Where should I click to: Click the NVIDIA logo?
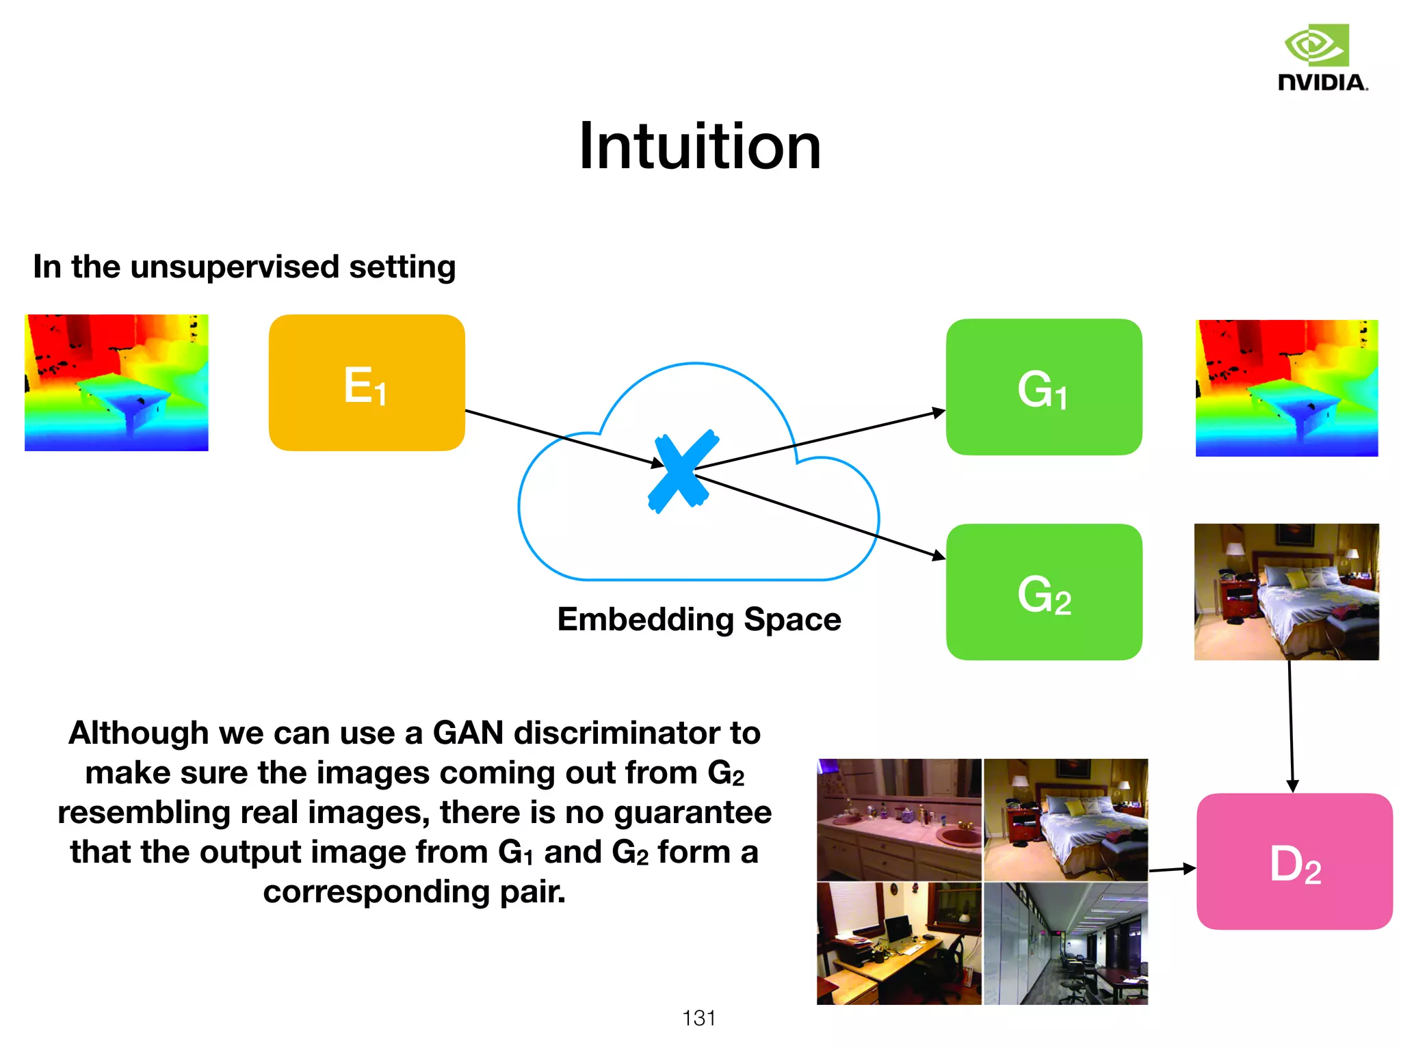(1322, 58)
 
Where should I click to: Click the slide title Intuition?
(699, 146)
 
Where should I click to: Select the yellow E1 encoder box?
(367, 383)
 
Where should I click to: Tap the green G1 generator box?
(1044, 387)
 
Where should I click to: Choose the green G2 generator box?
(1044, 592)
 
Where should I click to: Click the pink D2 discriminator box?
(1294, 861)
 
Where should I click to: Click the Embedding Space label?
(699, 619)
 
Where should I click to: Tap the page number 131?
(698, 1018)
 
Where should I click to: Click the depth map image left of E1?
(116, 383)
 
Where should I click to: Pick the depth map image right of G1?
(1286, 388)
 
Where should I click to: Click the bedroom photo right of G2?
(1286, 592)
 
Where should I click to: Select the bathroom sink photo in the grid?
(899, 820)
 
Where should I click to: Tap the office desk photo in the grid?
(899, 943)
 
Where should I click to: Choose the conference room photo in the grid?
(1066, 943)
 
